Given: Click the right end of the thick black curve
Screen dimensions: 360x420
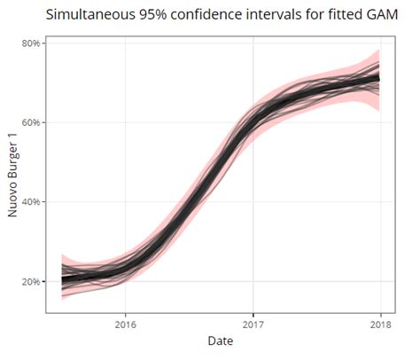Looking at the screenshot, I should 379,78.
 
